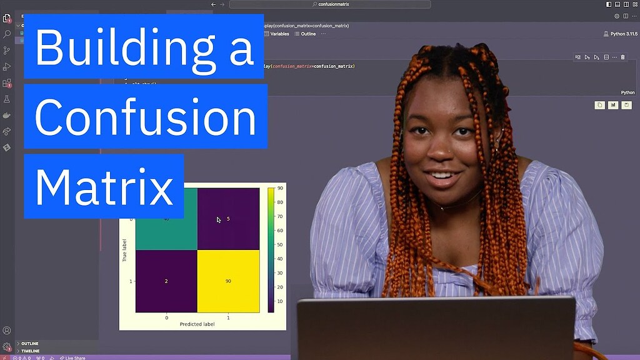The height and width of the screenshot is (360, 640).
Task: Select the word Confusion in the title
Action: click(x=146, y=117)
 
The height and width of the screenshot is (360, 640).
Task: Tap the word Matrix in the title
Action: click(x=104, y=186)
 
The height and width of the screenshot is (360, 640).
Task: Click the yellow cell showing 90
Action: click(x=228, y=281)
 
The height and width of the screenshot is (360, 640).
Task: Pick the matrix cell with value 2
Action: click(x=166, y=281)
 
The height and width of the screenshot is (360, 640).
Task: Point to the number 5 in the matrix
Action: click(x=228, y=219)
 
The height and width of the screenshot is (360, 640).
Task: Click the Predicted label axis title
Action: click(x=197, y=324)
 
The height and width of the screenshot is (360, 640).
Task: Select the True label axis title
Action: click(x=125, y=250)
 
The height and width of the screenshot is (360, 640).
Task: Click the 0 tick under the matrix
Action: click(x=166, y=317)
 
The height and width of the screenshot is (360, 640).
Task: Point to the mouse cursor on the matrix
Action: click(x=218, y=219)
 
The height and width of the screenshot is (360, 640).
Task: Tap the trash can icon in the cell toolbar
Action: click(x=622, y=57)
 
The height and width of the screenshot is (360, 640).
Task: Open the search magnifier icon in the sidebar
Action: click(x=7, y=34)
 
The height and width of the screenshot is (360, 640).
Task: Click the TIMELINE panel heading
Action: click(x=31, y=351)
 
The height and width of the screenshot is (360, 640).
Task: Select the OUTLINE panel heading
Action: click(x=30, y=344)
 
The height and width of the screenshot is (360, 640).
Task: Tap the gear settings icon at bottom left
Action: click(x=7, y=346)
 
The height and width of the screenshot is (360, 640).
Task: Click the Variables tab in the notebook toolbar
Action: click(x=279, y=34)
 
